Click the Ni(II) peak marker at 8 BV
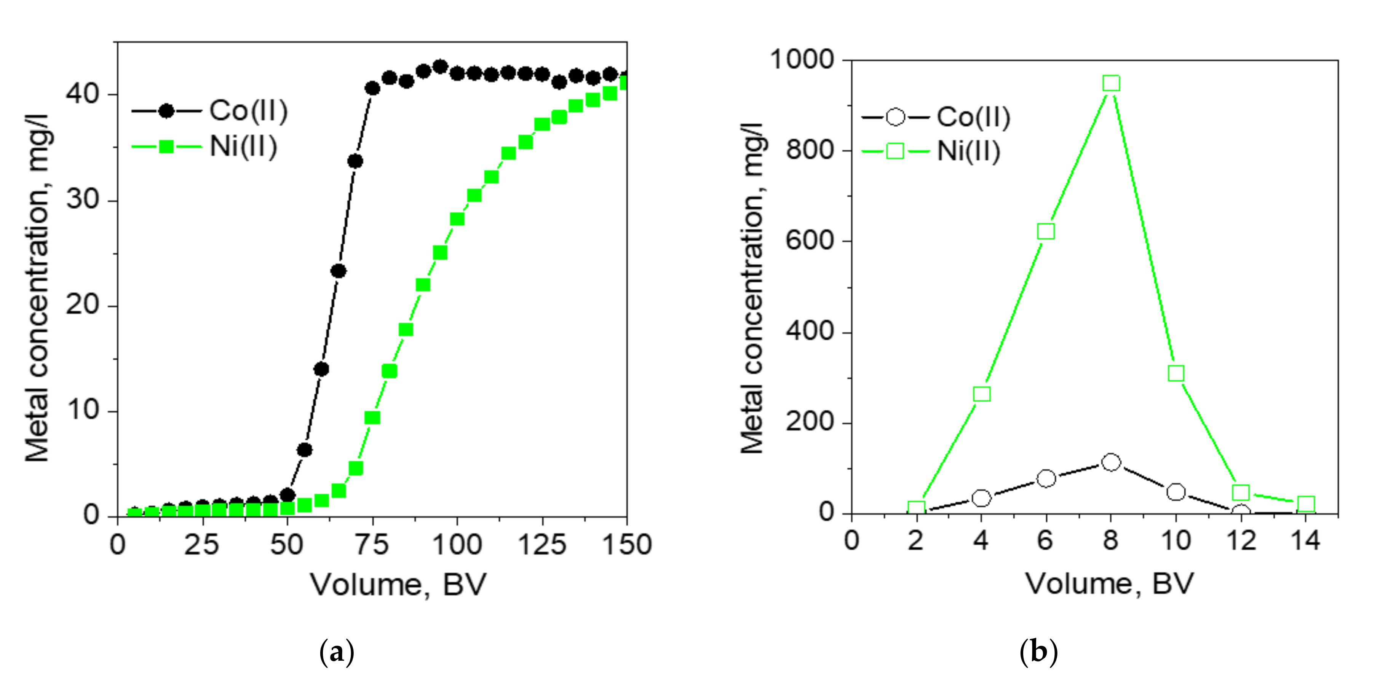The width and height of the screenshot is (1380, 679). coord(1111,83)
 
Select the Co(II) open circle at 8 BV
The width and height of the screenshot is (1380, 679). coord(1111,462)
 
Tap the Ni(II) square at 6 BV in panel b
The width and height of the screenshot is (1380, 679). coord(1046,231)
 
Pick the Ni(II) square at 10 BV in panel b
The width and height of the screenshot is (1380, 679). coord(1176,373)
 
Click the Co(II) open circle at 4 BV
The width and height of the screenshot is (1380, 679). coord(981,498)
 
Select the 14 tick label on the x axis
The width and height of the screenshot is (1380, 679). coord(1305,541)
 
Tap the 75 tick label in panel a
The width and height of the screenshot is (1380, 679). coord(372,545)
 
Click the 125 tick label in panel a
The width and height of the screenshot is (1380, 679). coord(541,545)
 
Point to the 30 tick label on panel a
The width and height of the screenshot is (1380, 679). coord(83,200)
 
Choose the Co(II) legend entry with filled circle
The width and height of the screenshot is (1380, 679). coord(210,111)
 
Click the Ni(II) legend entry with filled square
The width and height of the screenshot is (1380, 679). coord(204,146)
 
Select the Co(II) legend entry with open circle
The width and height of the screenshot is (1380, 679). coord(935,117)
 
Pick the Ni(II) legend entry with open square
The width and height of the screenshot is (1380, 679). coord(931,151)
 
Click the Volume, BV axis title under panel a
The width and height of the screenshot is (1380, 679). coord(398,585)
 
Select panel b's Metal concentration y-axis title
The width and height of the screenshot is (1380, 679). coord(752,289)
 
